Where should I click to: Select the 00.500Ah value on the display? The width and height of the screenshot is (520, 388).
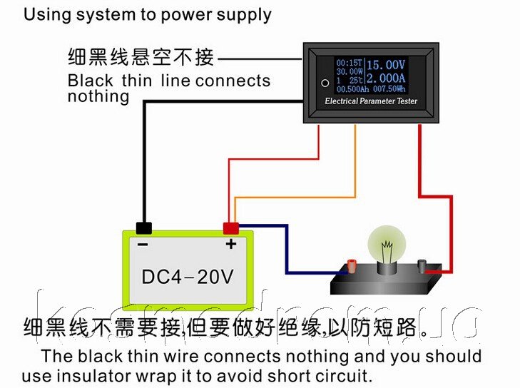pos(350,89)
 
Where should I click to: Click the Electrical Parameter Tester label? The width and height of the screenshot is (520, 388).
pos(371,101)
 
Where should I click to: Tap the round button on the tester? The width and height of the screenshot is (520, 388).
pos(325,82)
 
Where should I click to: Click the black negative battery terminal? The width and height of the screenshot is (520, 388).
pos(144,228)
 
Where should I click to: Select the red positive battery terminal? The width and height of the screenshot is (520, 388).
pos(230,228)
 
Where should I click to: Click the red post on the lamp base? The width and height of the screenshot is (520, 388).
pos(352,267)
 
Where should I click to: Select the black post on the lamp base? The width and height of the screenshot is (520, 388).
pos(422,266)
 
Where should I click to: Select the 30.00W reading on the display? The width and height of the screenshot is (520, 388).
pos(349,71)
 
